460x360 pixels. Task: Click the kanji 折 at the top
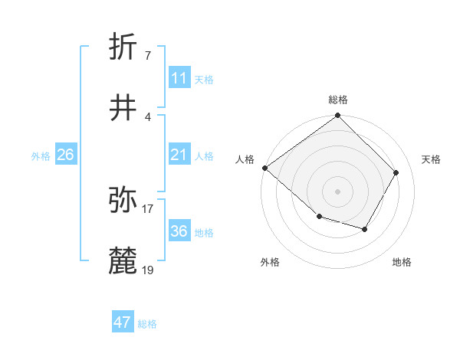pos(124,47)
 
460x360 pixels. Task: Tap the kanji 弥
pos(124,200)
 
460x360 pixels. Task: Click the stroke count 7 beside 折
pos(147,55)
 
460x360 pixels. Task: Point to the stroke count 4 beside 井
pos(147,116)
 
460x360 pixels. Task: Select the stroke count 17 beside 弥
pos(148,208)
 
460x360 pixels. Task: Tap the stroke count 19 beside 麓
pos(148,270)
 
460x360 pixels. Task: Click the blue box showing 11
pos(179,78)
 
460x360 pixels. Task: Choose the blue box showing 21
pos(179,155)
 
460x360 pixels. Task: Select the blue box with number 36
pos(179,231)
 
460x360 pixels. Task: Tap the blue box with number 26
pos(65,155)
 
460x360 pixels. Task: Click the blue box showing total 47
pos(123,322)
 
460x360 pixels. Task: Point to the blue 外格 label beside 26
pos(41,156)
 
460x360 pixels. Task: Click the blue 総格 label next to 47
pos(147,324)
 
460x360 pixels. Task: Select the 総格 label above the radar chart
pos(337,100)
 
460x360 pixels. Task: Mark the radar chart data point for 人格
pos(264,168)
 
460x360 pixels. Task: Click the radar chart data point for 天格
pos(396,172)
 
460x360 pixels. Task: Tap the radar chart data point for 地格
pos(365,229)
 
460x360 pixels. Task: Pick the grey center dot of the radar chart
pos(337,191)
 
